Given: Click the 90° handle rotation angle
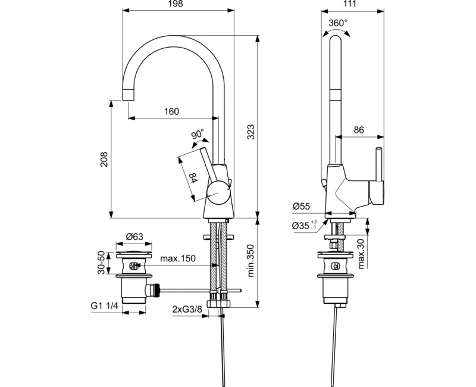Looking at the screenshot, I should pos(198,134).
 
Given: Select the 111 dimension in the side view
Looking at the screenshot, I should pos(349,4).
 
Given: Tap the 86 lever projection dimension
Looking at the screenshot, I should pos(359,129).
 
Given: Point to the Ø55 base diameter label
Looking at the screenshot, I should pos(302,207).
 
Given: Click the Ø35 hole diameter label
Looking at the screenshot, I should pos(305,226).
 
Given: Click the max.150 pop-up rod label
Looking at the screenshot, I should pos(179,259).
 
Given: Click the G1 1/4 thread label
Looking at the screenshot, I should pos(104,306).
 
